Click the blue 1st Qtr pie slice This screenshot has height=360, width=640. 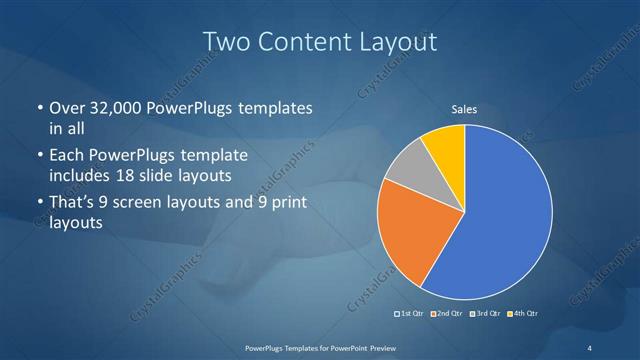[505, 215]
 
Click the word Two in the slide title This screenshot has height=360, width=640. [224, 42]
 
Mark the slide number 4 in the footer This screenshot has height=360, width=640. [590, 347]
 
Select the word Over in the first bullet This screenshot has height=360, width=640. [67, 107]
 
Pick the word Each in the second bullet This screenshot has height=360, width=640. [67, 156]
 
